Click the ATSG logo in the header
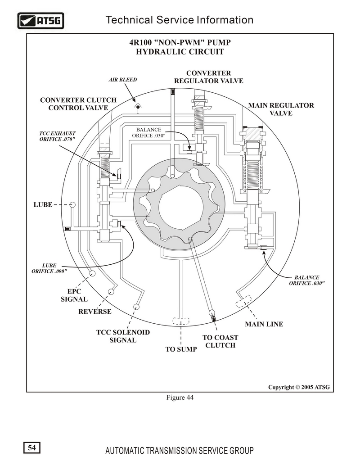tap(40, 21)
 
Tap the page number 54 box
tap(32, 448)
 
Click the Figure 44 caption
tap(180, 398)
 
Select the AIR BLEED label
tap(123, 80)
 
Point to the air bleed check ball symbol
tap(138, 107)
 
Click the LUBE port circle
tap(72, 204)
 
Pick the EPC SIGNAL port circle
tap(92, 273)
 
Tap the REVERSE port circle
tap(111, 292)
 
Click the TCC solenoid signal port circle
tap(136, 307)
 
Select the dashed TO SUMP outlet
tap(181, 321)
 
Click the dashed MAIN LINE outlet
tap(243, 301)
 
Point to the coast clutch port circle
tap(211, 312)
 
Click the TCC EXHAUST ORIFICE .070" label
tap(57, 136)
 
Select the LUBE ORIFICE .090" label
tap(49, 268)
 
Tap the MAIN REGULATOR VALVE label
tap(281, 109)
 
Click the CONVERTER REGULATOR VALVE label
tap(208, 77)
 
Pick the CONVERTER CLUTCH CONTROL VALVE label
tap(78, 104)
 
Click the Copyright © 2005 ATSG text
tap(299, 387)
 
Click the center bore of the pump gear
tap(181, 207)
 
